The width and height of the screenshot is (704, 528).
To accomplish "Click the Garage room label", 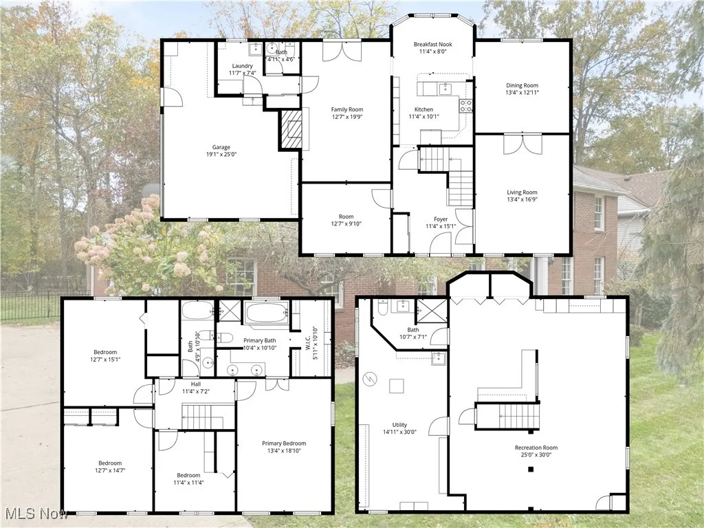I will click(221, 147).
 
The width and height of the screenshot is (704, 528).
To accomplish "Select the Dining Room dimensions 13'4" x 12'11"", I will click(522, 92).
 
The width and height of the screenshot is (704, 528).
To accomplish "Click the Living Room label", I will click(522, 192).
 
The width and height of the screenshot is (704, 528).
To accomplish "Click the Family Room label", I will click(346, 110).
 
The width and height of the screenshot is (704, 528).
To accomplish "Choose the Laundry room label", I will click(242, 66).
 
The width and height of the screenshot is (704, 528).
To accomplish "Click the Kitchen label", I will click(423, 110).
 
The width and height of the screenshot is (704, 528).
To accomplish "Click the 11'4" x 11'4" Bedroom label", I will click(188, 475).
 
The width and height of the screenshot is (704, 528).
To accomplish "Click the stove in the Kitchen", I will click(465, 105).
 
